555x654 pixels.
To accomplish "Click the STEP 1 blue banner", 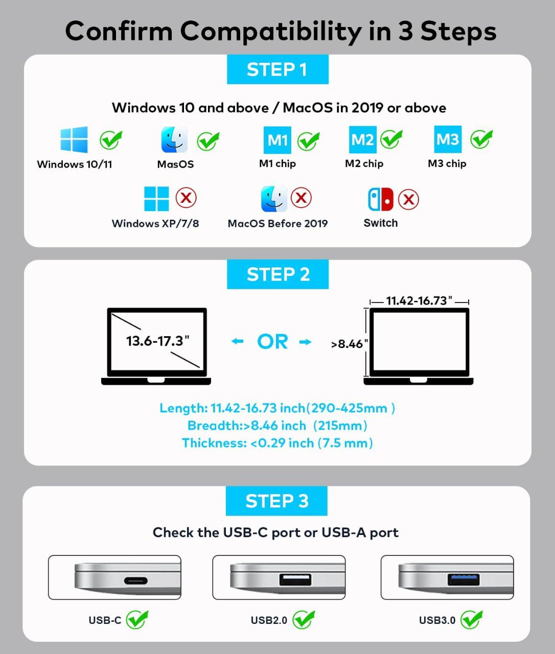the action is coord(277,69).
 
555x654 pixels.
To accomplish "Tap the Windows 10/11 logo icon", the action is coord(74,139).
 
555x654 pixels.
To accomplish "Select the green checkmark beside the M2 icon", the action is coord(391,139).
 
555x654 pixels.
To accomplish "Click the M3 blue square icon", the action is coord(448,139).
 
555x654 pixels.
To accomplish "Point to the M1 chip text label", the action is coord(277,163).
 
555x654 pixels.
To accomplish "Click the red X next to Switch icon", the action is coord(408,199).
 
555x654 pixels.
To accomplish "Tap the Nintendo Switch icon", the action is coord(381,199).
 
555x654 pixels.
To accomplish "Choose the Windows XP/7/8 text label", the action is coord(155,223).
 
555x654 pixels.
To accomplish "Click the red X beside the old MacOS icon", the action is coord(301,198).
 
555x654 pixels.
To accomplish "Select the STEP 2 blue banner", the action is coord(277,274).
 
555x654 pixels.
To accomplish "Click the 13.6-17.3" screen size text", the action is coord(157,341).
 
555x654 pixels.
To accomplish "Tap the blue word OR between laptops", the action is coord(272,342).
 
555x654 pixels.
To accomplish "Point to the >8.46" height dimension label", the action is coord(350,344).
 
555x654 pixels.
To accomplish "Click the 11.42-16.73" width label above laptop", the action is coord(419,300).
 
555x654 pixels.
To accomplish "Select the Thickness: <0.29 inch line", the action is coord(277,443).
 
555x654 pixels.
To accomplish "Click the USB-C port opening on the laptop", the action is coord(136,581).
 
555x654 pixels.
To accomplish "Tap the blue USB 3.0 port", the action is coord(464,579).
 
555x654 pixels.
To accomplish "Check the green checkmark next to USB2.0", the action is coord(304,619).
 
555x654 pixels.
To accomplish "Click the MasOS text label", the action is coord(175,164).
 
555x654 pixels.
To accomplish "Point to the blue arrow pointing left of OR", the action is coord(237,341).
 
